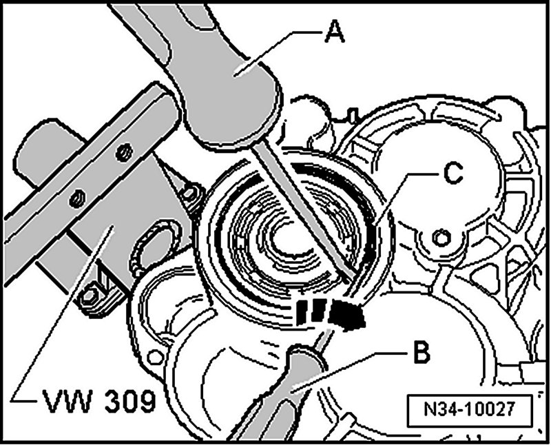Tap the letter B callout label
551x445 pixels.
click(422, 355)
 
